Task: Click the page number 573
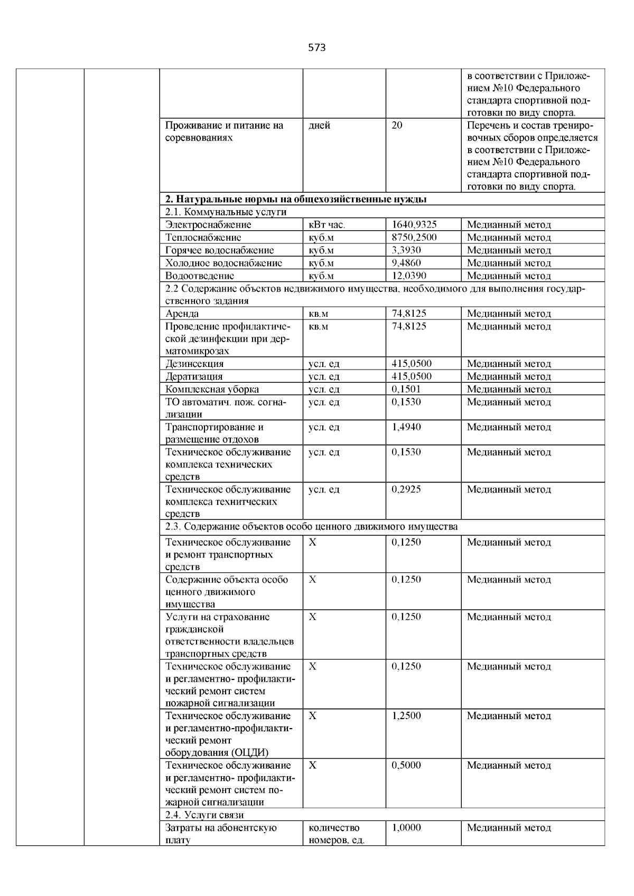pyautogui.click(x=316, y=48)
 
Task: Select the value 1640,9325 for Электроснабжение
pyautogui.click(x=414, y=225)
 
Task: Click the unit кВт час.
pyautogui.click(x=327, y=225)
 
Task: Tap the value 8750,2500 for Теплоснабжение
pyautogui.click(x=414, y=238)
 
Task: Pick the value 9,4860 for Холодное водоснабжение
pyautogui.click(x=406, y=263)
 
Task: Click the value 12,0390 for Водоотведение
pyautogui.click(x=408, y=276)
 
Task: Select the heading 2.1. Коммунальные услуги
pyautogui.click(x=226, y=212)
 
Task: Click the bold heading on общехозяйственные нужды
pyautogui.click(x=296, y=200)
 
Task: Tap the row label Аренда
pyautogui.click(x=182, y=314)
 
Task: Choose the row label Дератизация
pyautogui.click(x=194, y=376)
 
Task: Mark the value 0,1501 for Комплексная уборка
pyautogui.click(x=406, y=389)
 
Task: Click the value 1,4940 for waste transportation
pyautogui.click(x=406, y=427)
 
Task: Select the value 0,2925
pyautogui.click(x=406, y=489)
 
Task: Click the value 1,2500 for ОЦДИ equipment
pyautogui.click(x=406, y=716)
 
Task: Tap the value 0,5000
pyautogui.click(x=406, y=766)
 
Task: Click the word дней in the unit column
pyautogui.click(x=319, y=126)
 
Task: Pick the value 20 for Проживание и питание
pyautogui.click(x=397, y=126)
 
